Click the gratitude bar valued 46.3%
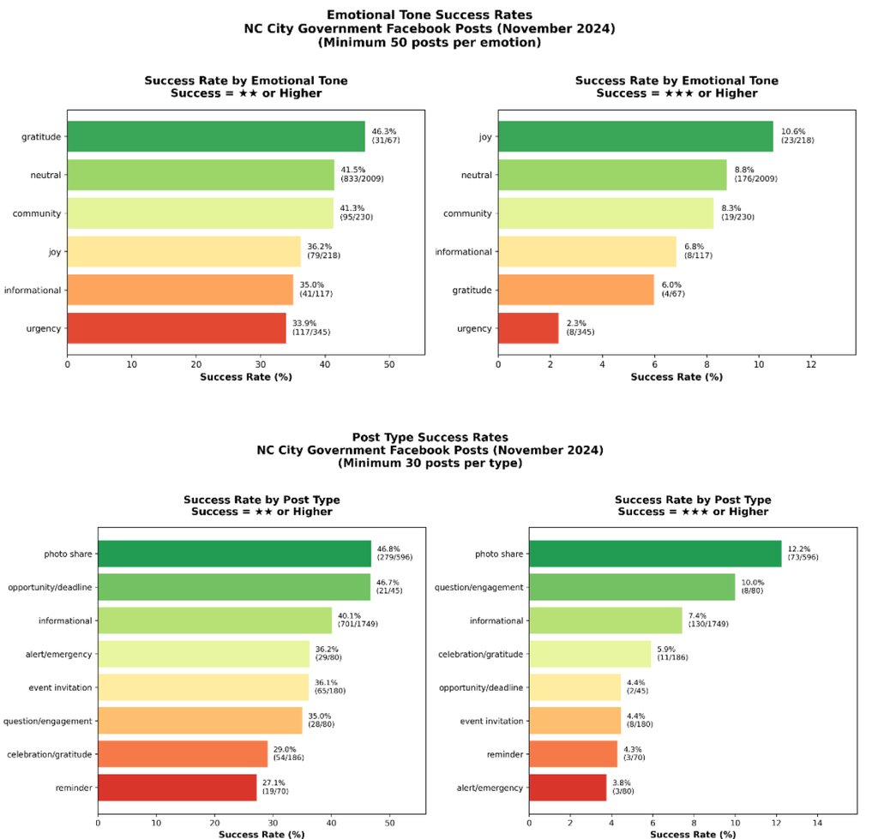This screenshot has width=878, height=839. click(x=216, y=137)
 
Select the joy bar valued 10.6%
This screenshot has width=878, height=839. click(x=635, y=137)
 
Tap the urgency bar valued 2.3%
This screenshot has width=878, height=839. click(x=528, y=328)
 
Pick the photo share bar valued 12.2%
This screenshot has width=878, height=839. click(x=655, y=554)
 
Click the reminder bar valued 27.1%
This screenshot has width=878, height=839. click(x=177, y=787)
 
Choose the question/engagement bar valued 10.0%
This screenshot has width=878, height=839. click(x=632, y=587)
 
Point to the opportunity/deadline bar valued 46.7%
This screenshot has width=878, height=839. click(x=234, y=587)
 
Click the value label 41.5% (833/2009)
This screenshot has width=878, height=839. click(x=365, y=175)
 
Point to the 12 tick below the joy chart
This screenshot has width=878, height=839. click(x=810, y=364)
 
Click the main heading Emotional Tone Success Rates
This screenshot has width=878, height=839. click(x=430, y=15)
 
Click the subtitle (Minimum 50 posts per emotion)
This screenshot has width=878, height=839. click(x=430, y=41)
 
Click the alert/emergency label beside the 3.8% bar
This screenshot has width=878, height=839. click(x=490, y=788)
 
